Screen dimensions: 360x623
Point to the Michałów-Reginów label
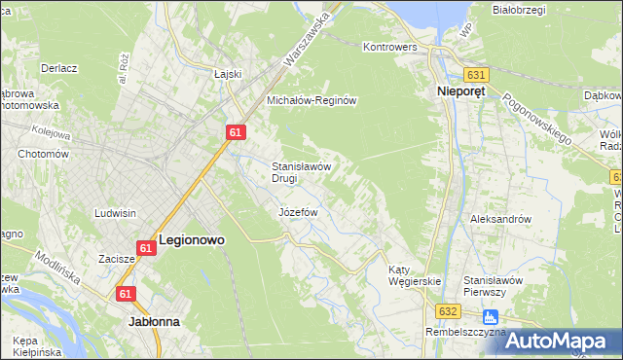click(x=314, y=100)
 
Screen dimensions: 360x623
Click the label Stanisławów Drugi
click(x=303, y=171)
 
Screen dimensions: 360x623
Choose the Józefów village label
click(x=300, y=211)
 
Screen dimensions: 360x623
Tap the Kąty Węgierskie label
click(x=414, y=274)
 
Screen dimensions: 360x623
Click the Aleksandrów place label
click(x=500, y=219)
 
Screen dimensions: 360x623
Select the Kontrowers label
click(x=389, y=47)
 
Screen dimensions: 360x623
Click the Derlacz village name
click(x=59, y=68)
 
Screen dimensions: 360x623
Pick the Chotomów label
click(x=42, y=154)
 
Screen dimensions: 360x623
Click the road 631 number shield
click(x=475, y=74)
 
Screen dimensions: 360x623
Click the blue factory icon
click(x=490, y=316)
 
